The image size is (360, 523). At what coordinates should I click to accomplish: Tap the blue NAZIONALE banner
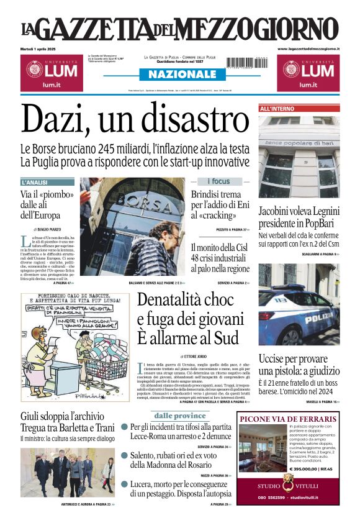(179, 75)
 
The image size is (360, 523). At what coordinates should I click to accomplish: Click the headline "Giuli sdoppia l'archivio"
(62, 416)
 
